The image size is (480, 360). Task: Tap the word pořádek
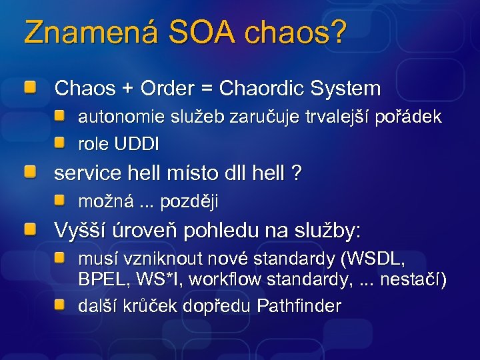409,117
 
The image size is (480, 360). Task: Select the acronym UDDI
137,143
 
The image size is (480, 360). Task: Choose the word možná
102,201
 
